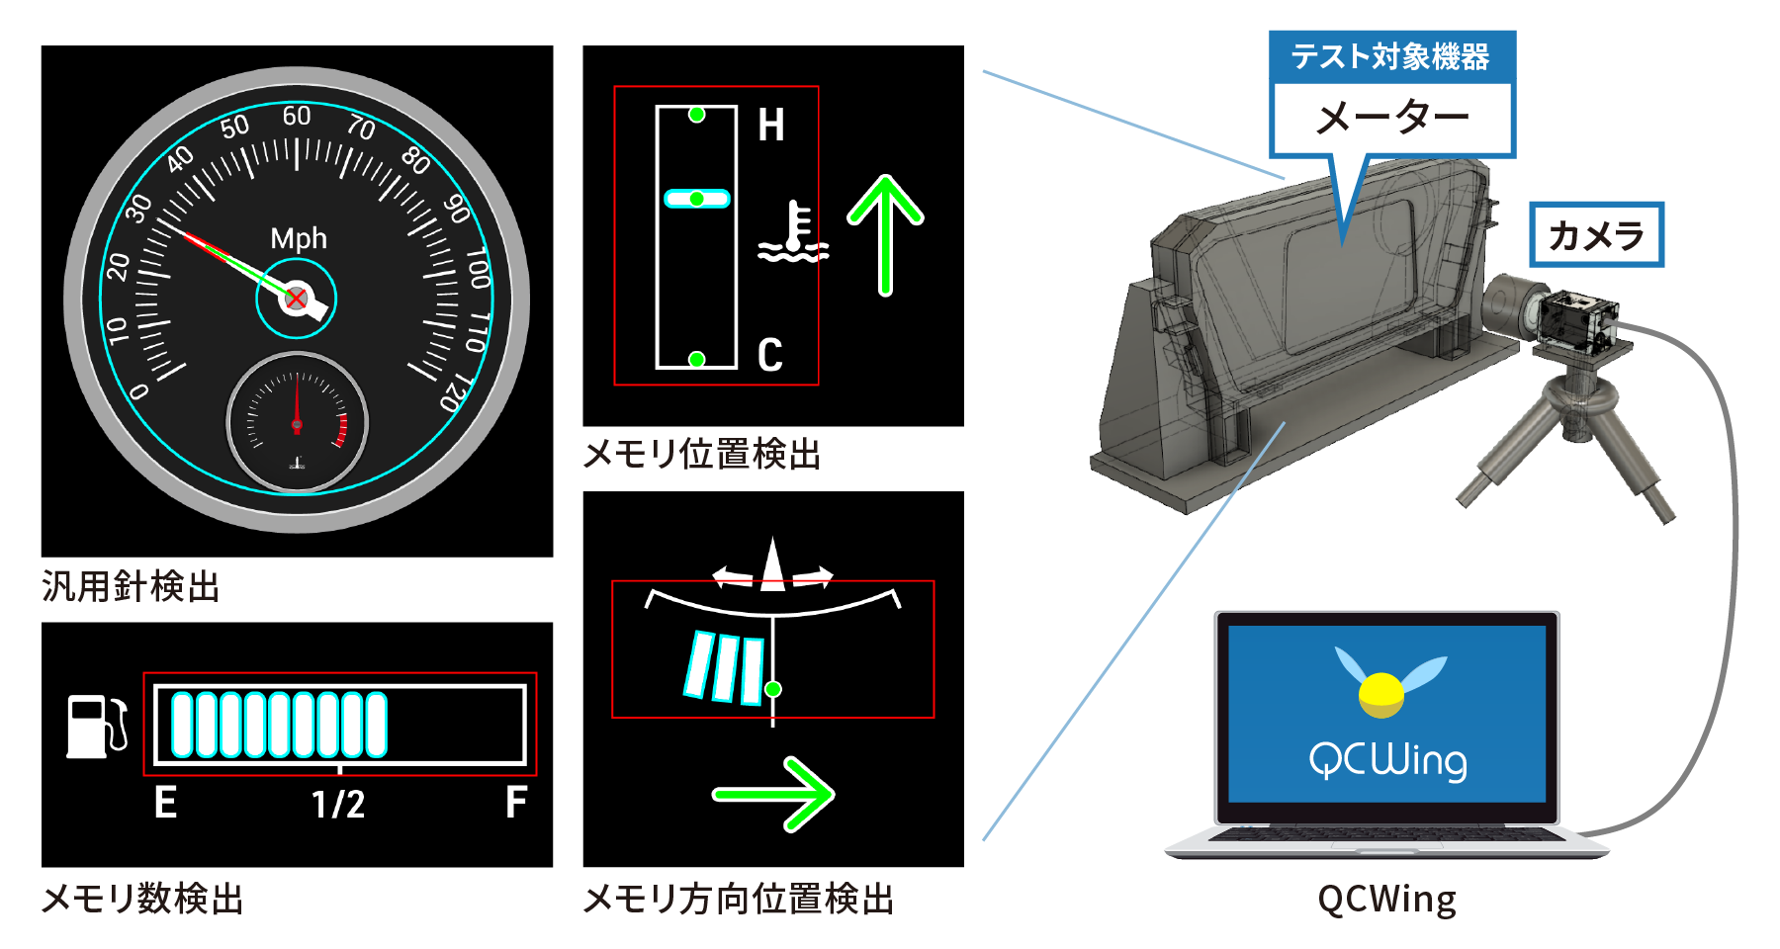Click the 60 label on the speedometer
297,116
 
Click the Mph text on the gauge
299,238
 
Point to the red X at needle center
296,299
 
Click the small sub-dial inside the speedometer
297,422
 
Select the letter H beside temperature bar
771,126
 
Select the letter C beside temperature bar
770,355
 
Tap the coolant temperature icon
793,233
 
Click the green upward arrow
885,235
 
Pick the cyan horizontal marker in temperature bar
696,199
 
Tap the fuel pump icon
96,726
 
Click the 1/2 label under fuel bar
338,804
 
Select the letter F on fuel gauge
515,802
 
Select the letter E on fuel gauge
166,802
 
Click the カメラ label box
1596,235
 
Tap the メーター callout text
1392,119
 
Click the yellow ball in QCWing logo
1381,694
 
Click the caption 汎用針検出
131,586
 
